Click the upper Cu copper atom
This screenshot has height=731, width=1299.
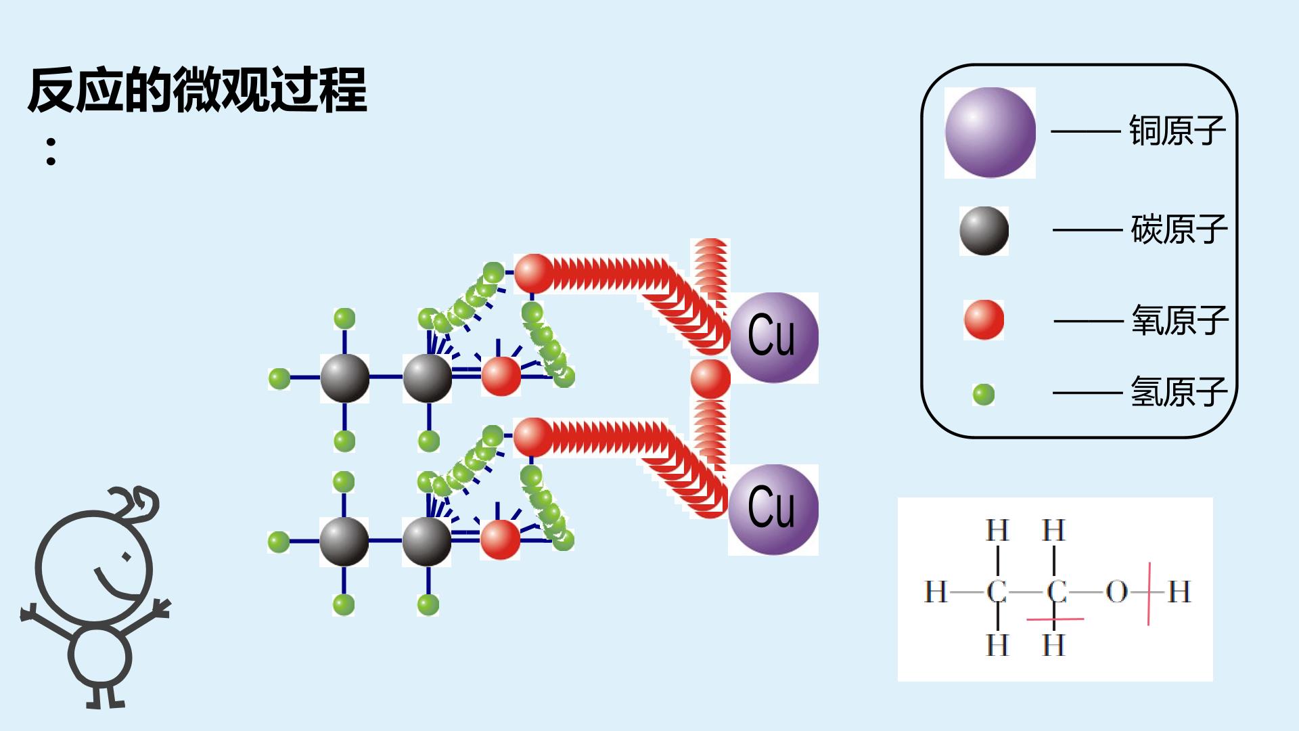[774, 338]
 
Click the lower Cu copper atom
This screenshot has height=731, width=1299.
[773, 510]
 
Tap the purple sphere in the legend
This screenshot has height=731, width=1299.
[990, 133]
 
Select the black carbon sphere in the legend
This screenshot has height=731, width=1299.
[984, 231]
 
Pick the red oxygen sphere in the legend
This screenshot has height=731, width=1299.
[984, 319]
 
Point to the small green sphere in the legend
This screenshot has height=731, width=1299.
[984, 394]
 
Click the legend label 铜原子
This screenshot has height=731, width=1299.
[1177, 131]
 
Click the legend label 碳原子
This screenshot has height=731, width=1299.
[1179, 229]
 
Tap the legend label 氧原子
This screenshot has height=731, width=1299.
[1179, 320]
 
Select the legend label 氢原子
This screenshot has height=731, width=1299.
[1179, 392]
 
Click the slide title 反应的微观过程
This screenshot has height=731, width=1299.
[198, 89]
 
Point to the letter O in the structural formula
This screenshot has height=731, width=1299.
[1116, 592]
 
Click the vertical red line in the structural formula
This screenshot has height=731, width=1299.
[1149, 594]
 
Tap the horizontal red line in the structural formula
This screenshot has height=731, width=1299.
[1055, 619]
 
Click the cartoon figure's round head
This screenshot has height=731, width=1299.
[94, 567]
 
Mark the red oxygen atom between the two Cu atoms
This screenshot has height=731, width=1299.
[710, 379]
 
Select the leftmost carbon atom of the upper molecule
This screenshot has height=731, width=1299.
[344, 378]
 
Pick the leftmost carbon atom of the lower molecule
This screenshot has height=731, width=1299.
[344, 541]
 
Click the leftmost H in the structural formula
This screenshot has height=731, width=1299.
[936, 592]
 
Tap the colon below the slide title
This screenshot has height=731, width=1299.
[51, 152]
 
